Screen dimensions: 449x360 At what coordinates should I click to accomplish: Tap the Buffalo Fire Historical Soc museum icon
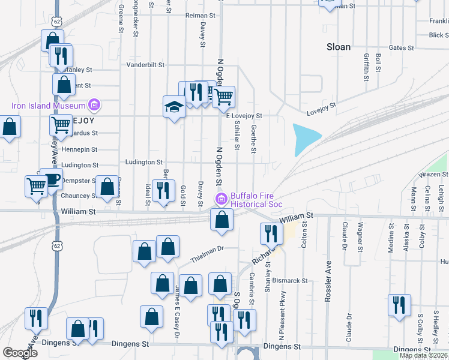tap(221, 199)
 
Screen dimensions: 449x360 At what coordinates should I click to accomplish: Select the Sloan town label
tap(338, 47)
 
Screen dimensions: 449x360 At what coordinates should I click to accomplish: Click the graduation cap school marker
tap(174, 107)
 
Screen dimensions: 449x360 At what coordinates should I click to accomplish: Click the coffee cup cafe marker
tap(52, 179)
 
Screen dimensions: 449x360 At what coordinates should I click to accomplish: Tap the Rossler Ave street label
tap(328, 281)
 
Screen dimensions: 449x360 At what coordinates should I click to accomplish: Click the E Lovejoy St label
tap(244, 115)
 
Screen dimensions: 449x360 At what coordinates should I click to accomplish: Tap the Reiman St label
tap(200, 15)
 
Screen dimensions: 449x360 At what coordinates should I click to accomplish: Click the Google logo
tap(20, 353)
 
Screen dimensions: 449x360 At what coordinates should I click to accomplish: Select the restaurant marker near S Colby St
tap(399, 304)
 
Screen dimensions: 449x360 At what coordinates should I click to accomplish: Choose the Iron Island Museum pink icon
tap(94, 106)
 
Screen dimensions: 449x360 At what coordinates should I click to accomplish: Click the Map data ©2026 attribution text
tap(423, 355)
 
